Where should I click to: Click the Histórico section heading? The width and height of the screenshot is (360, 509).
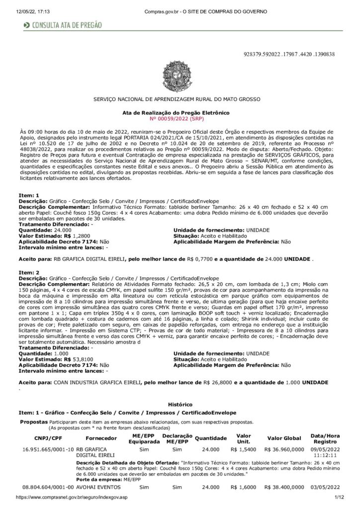click(180, 406)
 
